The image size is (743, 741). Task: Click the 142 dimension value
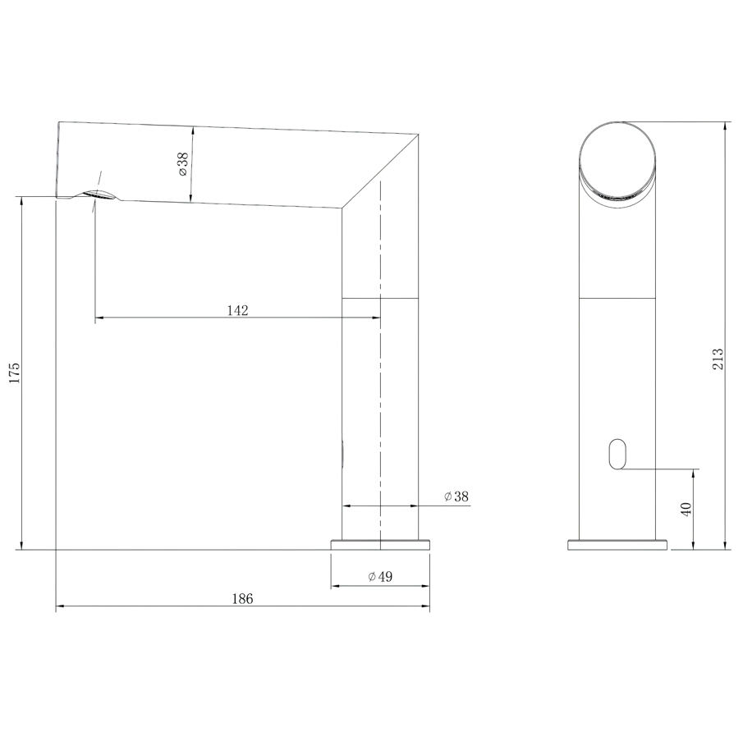[237, 310]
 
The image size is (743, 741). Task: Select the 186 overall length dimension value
[242, 599]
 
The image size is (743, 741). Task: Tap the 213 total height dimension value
[718, 358]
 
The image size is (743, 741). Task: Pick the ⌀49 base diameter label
[380, 577]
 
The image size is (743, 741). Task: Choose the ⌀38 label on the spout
[182, 164]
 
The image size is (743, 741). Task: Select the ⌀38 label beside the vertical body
[456, 496]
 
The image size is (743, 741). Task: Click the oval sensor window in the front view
[617, 453]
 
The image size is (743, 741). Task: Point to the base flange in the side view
[380, 544]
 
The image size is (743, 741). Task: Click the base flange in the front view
[617, 544]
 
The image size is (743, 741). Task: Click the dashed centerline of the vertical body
[381, 369]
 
